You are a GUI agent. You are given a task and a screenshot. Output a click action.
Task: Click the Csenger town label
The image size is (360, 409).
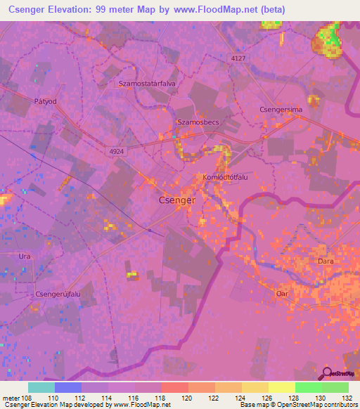click(176, 200)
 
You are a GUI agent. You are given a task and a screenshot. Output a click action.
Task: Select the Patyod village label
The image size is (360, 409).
click(44, 101)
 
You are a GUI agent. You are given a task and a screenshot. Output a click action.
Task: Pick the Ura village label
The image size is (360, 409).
click(25, 256)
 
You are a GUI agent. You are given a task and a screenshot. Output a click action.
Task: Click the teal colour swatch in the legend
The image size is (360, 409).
click(41, 387)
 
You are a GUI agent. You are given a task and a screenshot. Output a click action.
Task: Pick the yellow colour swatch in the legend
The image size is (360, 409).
click(281, 387)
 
